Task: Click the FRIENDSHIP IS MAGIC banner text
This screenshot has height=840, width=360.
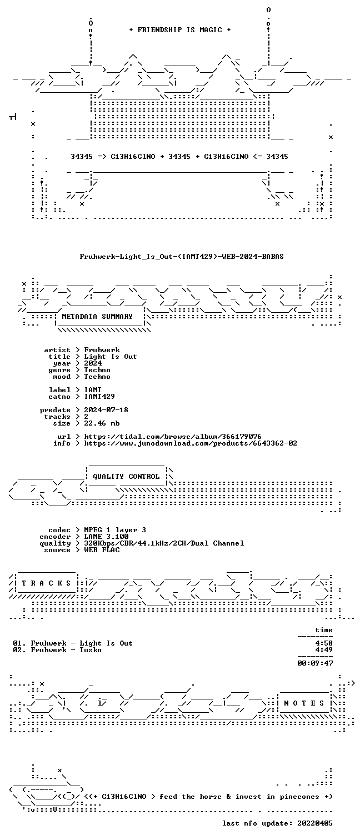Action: point(180,30)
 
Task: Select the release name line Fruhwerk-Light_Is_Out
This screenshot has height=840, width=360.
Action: point(182,257)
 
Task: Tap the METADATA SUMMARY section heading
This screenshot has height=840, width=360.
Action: point(97,317)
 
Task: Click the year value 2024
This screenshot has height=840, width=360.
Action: point(93,363)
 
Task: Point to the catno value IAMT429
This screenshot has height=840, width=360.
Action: point(99,397)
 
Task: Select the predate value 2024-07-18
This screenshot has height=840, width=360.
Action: point(106,410)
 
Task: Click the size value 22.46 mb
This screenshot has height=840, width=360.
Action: point(102,423)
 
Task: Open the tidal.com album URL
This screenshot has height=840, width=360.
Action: point(172,437)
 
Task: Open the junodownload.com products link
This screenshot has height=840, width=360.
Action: point(191,443)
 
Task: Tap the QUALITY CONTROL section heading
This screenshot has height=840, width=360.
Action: point(126,477)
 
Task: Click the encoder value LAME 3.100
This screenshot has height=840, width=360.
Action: point(106,537)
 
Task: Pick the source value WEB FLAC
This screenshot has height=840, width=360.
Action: point(102,550)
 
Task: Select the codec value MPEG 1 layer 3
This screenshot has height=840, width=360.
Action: point(115,530)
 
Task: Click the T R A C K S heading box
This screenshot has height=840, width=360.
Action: point(47,583)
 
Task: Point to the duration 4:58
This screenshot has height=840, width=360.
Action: point(324,643)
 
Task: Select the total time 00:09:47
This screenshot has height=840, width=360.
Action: point(315,663)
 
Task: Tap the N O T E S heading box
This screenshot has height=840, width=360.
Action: point(304,703)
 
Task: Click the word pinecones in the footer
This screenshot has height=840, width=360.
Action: point(299,797)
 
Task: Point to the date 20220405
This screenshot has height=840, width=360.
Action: point(315,823)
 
